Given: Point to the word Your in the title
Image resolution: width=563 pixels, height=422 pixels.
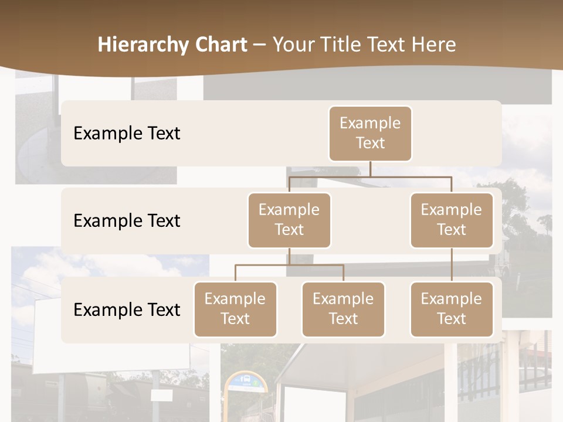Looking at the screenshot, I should (x=293, y=45).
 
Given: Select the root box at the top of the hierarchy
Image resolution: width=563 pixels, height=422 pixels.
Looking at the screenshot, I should (x=370, y=133).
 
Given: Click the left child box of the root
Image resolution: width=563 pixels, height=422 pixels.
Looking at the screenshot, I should (x=289, y=220).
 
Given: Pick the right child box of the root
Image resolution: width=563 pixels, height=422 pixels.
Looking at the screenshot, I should (x=452, y=220).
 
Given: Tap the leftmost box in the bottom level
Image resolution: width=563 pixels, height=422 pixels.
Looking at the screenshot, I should (x=235, y=309).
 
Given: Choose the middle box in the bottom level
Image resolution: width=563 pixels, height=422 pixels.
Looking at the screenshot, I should (x=343, y=309).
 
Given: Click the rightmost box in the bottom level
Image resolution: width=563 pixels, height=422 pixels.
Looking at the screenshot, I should (x=452, y=309).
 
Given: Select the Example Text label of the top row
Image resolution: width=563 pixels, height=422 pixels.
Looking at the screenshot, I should (x=127, y=133).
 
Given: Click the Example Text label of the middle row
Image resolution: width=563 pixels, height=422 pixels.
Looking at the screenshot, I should (x=127, y=220).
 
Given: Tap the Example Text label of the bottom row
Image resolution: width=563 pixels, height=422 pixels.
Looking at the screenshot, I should (x=127, y=309).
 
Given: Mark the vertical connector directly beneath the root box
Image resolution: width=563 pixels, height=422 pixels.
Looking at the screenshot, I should (x=370, y=169).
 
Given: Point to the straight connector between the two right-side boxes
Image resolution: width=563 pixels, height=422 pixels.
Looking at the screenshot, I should (x=452, y=265).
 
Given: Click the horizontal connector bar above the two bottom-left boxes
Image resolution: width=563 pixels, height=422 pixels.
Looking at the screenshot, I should (x=289, y=265).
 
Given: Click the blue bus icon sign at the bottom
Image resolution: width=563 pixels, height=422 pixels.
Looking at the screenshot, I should (x=246, y=381).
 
